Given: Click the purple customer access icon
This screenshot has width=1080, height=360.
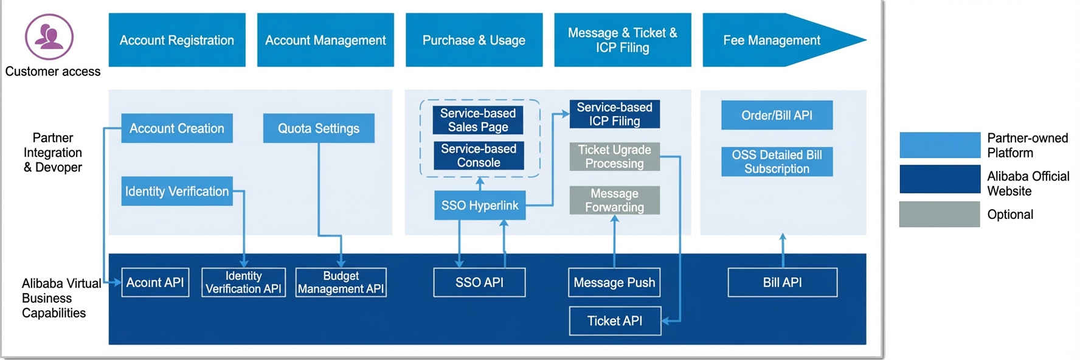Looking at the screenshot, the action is (x=49, y=37).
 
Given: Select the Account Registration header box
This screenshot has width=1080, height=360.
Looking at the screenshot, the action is (x=177, y=40).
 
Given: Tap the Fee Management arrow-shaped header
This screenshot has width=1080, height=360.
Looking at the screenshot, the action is (x=784, y=40).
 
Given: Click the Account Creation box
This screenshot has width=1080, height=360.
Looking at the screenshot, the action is (x=177, y=128).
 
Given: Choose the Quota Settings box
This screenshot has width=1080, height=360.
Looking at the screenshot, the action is (x=319, y=128).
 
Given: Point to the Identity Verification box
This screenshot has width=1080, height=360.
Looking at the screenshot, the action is (x=177, y=191).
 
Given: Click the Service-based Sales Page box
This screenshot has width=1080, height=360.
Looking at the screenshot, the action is (x=479, y=120).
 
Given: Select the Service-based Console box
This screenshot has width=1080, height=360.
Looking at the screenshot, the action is (x=479, y=156).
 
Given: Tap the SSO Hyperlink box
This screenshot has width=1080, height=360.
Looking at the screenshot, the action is (x=480, y=206).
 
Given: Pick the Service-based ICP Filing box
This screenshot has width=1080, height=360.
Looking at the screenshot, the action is (x=615, y=114).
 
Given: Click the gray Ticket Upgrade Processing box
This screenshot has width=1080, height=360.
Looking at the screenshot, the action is (x=615, y=156).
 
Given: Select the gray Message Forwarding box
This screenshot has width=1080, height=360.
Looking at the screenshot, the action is (x=615, y=200).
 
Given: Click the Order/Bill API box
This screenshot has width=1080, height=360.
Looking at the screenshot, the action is (x=777, y=115).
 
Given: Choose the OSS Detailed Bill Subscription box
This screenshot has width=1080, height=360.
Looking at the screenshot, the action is (x=777, y=162).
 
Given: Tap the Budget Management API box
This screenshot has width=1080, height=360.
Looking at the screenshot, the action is (x=341, y=282).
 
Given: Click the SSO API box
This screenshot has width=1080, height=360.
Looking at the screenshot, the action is (x=480, y=282).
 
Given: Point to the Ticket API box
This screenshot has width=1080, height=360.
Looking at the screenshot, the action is (x=615, y=320).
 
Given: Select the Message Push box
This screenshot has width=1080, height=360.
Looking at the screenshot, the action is (x=615, y=282).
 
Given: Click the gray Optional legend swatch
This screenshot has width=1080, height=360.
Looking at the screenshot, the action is (x=940, y=214).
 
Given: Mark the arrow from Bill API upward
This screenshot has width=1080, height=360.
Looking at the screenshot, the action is (x=783, y=251).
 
